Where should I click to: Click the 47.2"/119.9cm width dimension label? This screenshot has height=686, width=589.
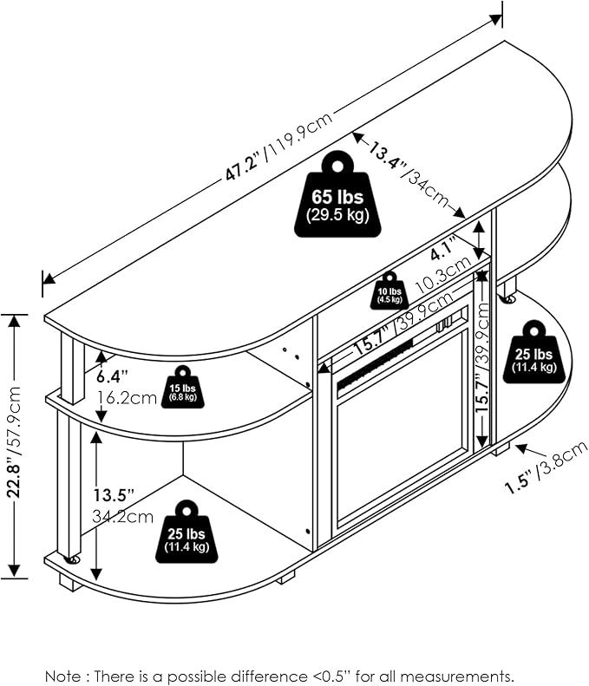[279, 146]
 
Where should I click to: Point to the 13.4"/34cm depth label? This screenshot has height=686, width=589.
[409, 176]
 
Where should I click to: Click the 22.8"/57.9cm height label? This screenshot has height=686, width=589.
[15, 442]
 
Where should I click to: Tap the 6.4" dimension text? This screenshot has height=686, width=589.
[113, 376]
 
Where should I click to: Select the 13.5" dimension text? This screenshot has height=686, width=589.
[114, 495]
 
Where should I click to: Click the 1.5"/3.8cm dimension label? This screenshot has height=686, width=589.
[546, 467]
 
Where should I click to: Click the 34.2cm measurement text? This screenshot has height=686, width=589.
[122, 516]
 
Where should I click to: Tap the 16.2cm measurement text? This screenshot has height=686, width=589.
[127, 397]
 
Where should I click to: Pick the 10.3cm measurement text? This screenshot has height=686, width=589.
[443, 274]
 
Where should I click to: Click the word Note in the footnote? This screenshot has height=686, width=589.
[63, 676]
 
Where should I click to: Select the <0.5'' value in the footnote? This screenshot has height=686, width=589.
[332, 676]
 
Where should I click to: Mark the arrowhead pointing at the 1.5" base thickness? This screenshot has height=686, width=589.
[520, 448]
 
